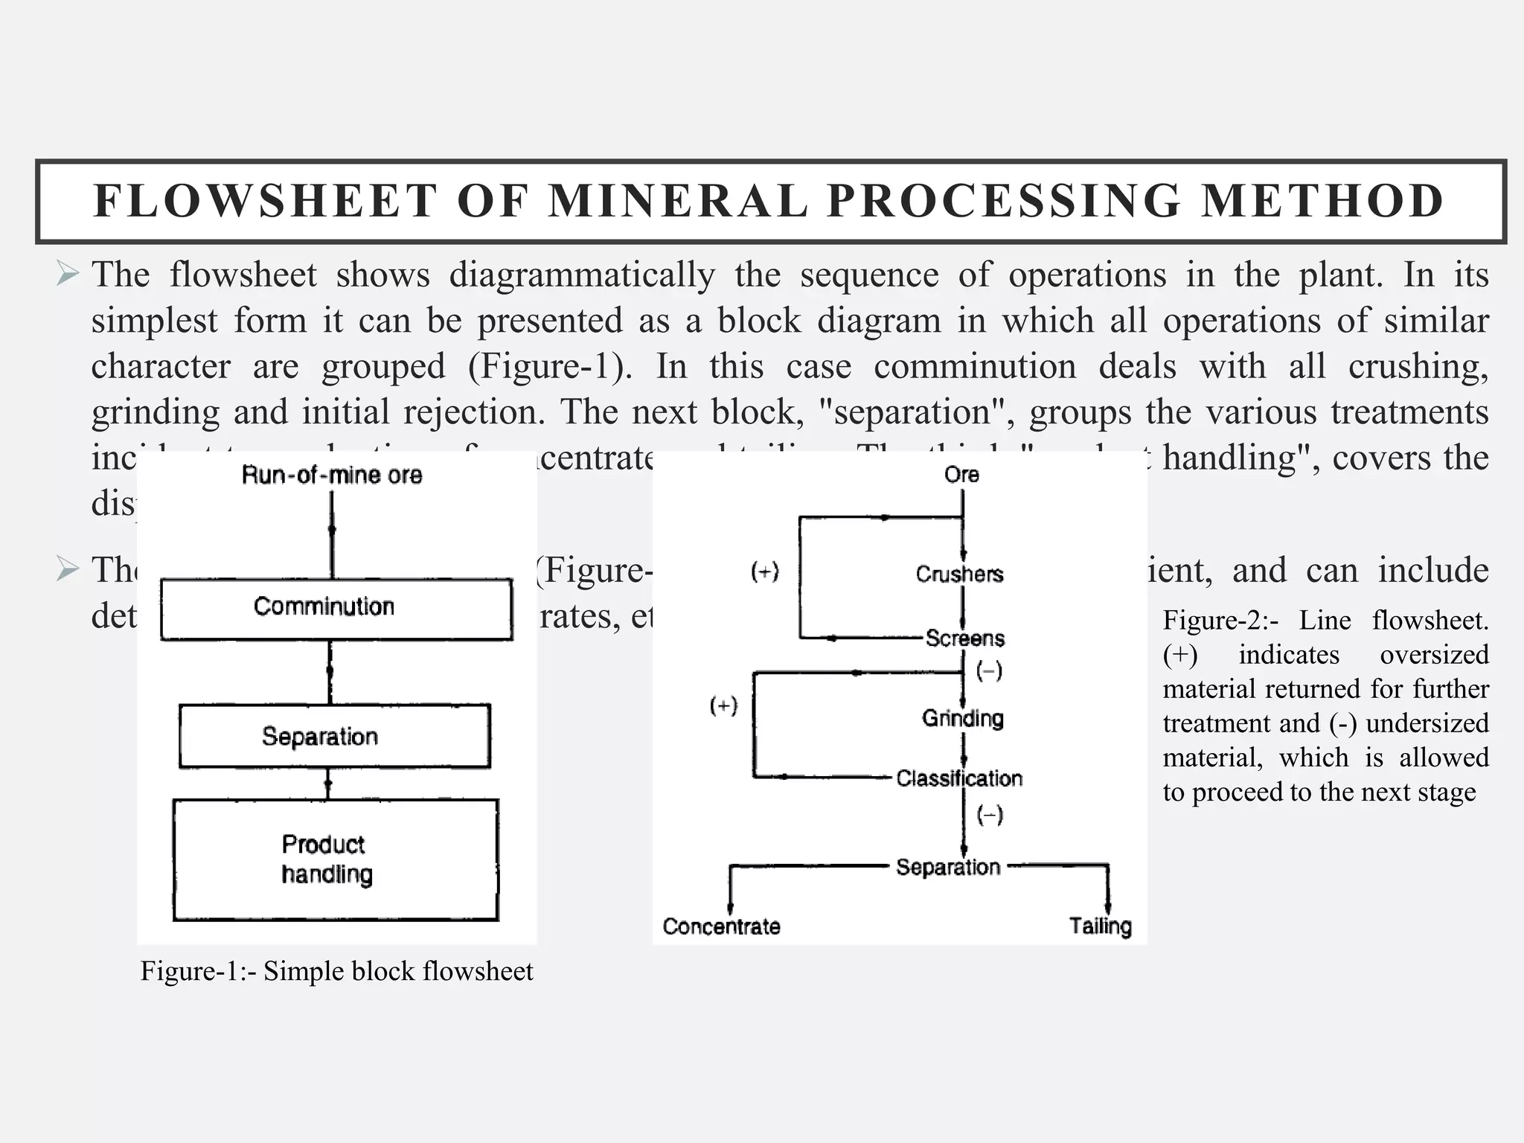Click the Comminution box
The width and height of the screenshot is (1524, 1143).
click(x=336, y=609)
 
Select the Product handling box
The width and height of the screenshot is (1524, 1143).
click(x=335, y=859)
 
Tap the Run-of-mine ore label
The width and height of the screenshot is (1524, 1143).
click(x=332, y=475)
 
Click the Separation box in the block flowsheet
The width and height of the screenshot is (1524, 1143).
click(x=335, y=736)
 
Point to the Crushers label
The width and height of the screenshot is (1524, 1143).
click(x=959, y=574)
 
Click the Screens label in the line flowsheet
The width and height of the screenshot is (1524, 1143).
click(x=964, y=638)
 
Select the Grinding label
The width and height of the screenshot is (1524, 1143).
click(x=962, y=718)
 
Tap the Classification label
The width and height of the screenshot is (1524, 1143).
click(x=958, y=778)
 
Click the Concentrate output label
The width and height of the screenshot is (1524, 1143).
click(x=721, y=926)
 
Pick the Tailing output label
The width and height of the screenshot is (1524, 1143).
click(x=1100, y=926)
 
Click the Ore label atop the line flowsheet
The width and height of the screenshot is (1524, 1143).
click(x=961, y=475)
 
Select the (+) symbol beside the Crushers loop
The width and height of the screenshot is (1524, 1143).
click(x=764, y=572)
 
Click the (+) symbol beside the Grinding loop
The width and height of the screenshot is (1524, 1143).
click(x=723, y=705)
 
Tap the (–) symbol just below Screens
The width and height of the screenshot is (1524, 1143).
click(x=989, y=671)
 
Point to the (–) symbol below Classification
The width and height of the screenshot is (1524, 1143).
click(x=989, y=816)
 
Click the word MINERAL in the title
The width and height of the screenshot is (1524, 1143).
click(x=677, y=201)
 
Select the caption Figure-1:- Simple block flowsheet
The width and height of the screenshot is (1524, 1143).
click(x=336, y=971)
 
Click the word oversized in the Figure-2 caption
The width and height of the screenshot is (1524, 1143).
click(x=1434, y=655)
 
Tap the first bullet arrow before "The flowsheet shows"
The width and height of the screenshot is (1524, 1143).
click(x=67, y=275)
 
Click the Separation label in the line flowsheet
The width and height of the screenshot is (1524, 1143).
click(x=947, y=867)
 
